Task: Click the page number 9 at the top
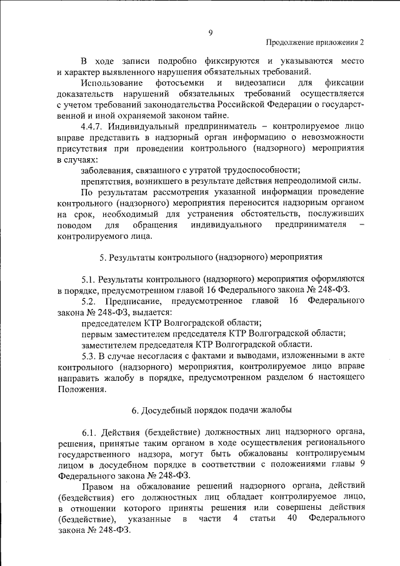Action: (210, 33)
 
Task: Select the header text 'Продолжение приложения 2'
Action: (315, 43)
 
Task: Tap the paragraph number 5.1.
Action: (89, 278)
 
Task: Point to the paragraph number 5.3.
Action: (89, 355)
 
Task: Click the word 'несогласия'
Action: (156, 355)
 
